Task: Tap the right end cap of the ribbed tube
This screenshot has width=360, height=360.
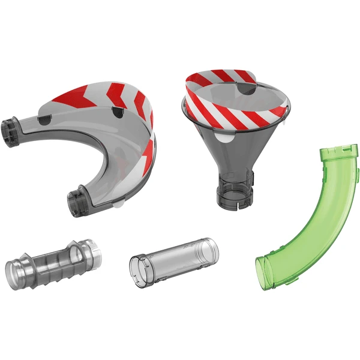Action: [91, 251]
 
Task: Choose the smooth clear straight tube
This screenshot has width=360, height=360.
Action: [174, 258]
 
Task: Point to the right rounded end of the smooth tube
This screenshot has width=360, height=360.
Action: [211, 248]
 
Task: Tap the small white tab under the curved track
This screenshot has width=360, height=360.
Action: [121, 204]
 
